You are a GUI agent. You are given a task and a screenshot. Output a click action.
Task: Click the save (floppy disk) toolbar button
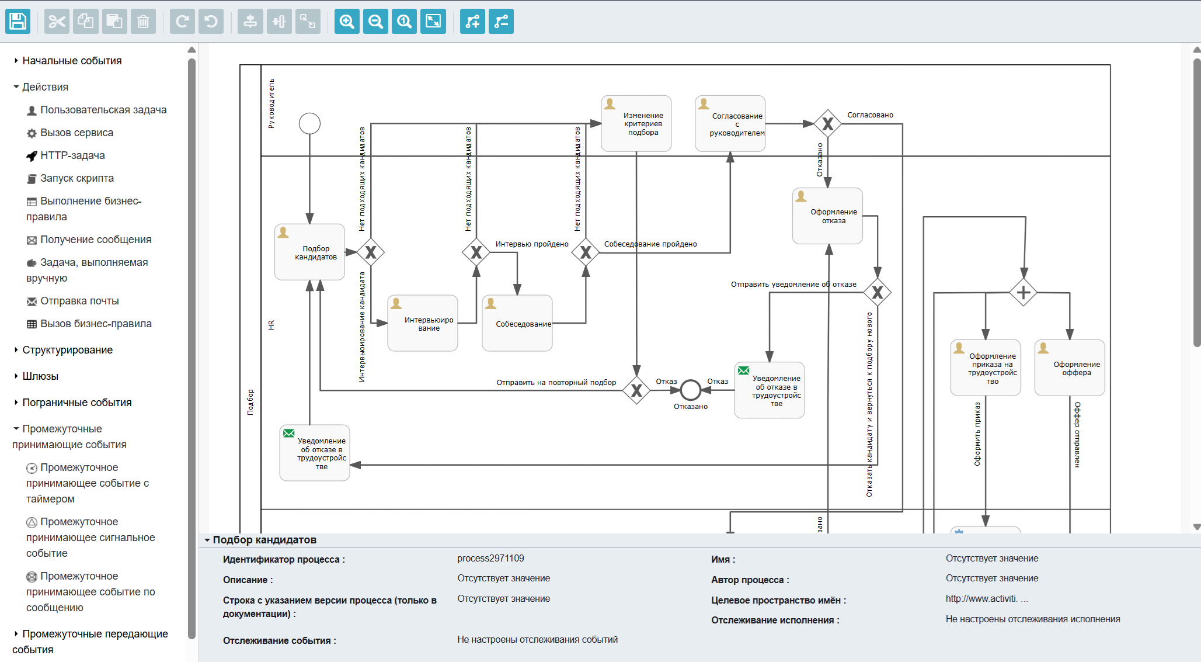(18, 22)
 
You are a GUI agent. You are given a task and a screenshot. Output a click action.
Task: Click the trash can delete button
(143, 22)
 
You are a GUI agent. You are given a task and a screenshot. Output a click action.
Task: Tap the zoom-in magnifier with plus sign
(347, 22)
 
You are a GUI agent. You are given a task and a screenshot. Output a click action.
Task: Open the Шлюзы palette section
(40, 376)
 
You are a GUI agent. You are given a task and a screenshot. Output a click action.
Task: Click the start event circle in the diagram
(309, 123)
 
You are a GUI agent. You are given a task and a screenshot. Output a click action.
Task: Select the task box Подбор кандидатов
(309, 252)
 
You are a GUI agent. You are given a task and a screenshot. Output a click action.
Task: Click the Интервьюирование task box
(423, 323)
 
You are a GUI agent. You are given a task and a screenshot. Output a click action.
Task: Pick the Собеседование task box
(517, 323)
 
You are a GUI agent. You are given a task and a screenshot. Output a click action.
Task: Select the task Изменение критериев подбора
(636, 123)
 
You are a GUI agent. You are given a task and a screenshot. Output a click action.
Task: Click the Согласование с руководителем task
(730, 123)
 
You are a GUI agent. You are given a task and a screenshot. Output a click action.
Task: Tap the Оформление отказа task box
(827, 216)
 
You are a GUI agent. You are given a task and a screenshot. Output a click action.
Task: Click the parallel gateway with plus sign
(1023, 292)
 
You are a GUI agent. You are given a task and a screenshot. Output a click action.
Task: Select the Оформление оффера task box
(1070, 368)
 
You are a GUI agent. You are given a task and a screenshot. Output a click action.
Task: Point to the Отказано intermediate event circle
(690, 390)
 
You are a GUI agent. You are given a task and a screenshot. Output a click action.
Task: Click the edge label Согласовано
(871, 115)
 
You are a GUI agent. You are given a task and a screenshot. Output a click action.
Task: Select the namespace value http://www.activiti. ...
(982, 598)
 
